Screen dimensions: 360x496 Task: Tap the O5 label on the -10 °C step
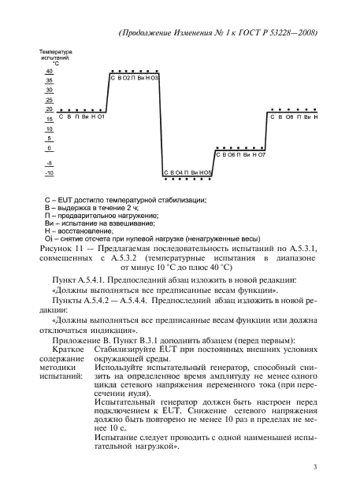(x=207, y=172)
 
